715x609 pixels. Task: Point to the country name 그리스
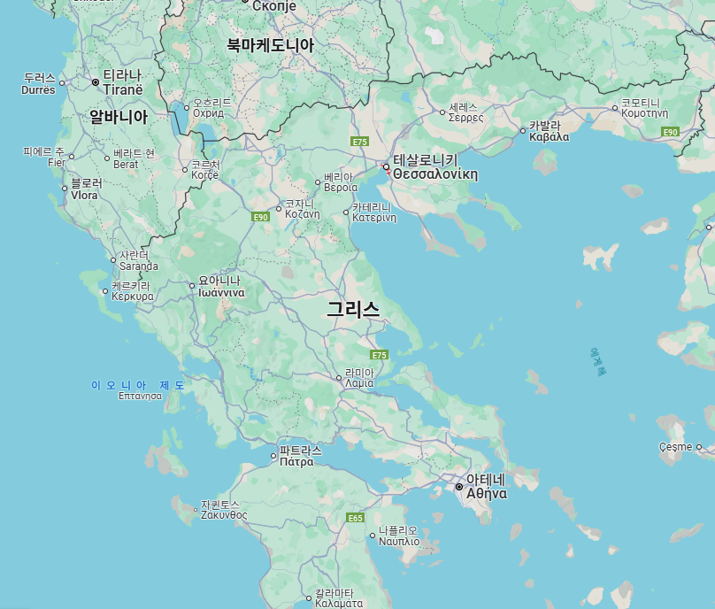(353, 310)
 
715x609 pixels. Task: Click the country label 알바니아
(119, 116)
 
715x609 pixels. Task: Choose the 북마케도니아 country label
(270, 44)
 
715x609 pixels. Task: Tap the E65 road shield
(356, 518)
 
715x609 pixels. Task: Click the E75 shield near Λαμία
(380, 355)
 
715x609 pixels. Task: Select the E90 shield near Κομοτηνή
(670, 132)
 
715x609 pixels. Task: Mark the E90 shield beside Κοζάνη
(260, 217)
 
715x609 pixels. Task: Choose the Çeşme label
(676, 447)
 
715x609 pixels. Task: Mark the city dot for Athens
(459, 487)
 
